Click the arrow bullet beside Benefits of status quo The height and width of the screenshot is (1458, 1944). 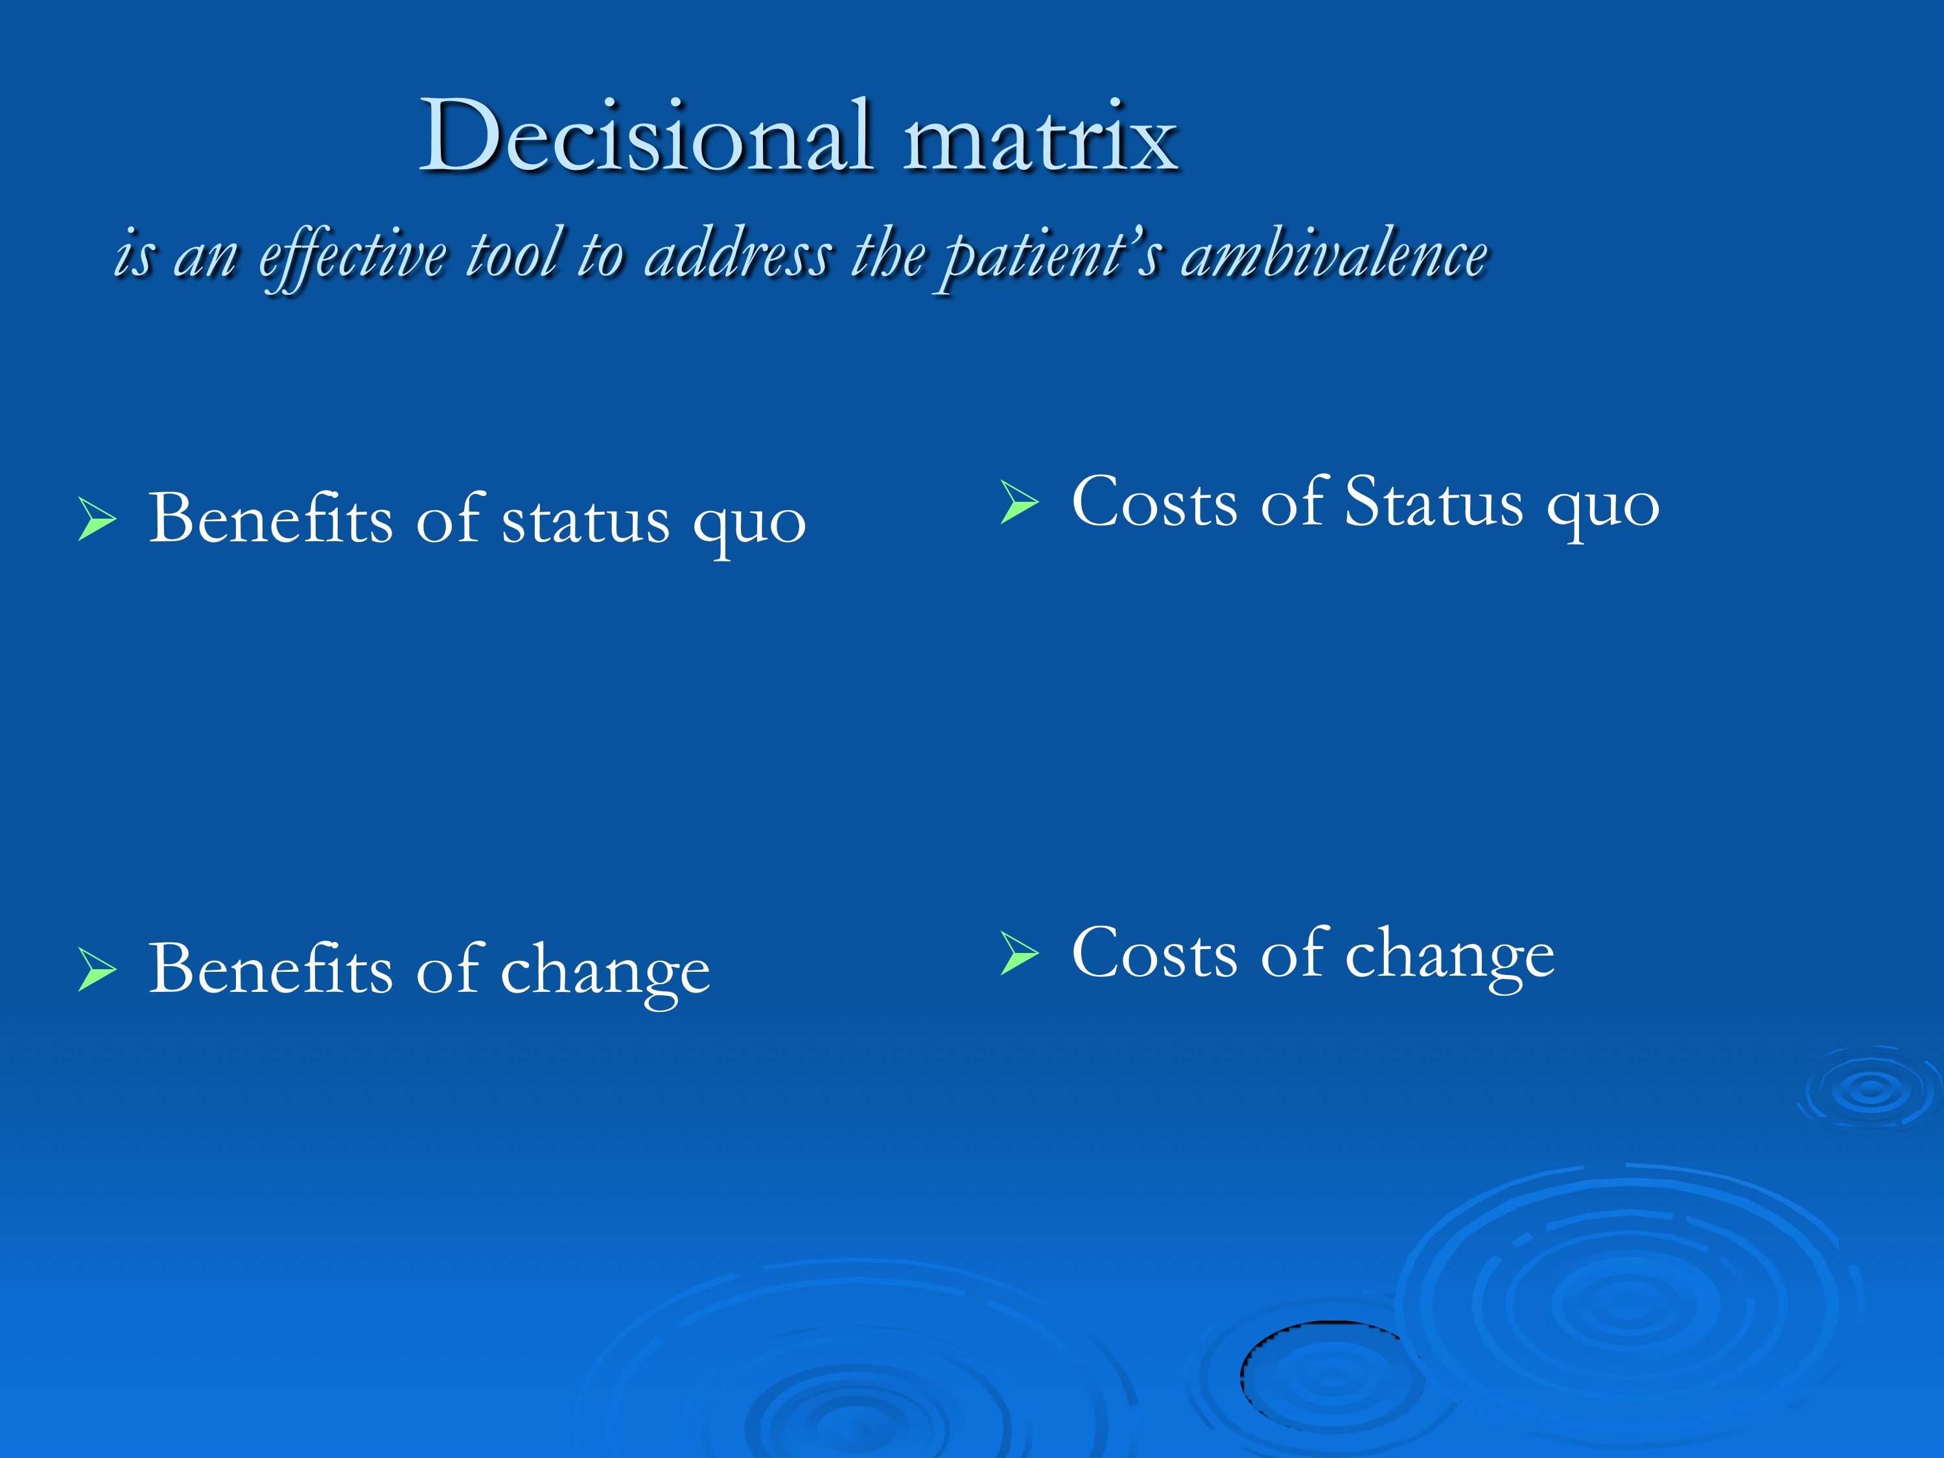[97, 519]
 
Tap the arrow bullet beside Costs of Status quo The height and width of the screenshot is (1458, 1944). [1020, 502]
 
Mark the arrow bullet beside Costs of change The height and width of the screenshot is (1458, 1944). [1020, 954]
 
